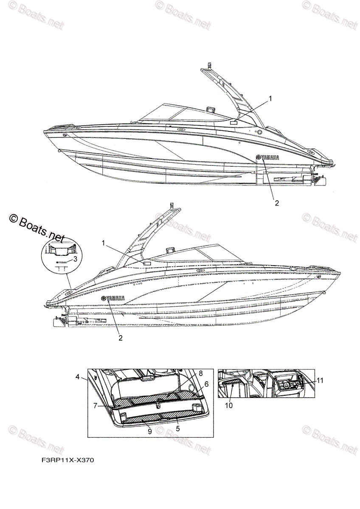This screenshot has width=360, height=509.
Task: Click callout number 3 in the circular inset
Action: [x=75, y=258]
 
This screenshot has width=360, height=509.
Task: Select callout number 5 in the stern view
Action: [x=178, y=428]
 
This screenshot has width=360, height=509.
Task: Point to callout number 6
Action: [x=206, y=383]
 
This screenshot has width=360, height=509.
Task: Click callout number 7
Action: [x=96, y=405]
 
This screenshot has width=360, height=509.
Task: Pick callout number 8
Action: [x=201, y=374]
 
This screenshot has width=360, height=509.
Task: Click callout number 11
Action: [x=320, y=380]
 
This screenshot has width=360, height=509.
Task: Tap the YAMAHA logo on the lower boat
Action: [x=113, y=298]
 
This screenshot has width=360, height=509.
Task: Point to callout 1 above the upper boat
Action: [x=270, y=98]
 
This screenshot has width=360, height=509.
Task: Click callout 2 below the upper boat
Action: [x=277, y=203]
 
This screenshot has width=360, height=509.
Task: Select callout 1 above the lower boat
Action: [x=103, y=243]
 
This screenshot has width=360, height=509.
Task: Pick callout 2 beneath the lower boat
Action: [x=121, y=338]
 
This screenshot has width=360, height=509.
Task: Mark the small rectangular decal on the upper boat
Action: [x=233, y=122]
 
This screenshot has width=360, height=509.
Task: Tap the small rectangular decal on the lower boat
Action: [x=148, y=263]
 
